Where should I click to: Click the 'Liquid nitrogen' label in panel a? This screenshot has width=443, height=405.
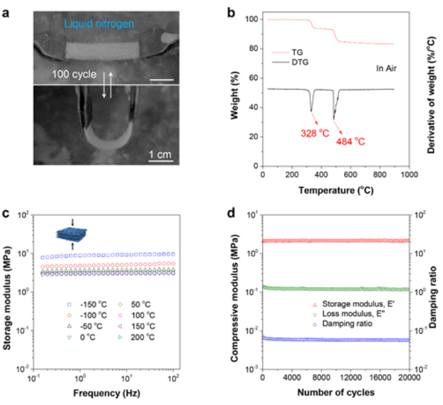coord(99,24)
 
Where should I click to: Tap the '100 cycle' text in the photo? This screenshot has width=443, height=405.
coord(75,74)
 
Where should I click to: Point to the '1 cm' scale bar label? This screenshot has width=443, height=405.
coord(160,154)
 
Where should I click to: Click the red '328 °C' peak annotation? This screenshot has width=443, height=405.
coord(315,133)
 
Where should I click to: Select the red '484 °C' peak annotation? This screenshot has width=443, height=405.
coord(350,142)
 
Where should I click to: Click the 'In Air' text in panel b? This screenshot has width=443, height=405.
coord(386,68)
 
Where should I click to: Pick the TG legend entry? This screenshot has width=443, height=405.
coord(287,52)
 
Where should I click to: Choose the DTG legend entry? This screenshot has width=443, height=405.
coord(290,62)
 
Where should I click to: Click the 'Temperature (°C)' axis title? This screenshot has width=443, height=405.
coord(336,190)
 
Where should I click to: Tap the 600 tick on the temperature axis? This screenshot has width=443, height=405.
coord(350,175)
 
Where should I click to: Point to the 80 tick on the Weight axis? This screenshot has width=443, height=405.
coord(253,49)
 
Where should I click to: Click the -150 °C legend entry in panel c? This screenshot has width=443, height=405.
coord(87,305)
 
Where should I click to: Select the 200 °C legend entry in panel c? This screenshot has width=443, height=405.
coord(137,337)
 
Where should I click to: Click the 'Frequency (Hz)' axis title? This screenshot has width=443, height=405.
coord(106,393)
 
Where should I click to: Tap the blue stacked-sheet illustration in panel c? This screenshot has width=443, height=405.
coord(72,234)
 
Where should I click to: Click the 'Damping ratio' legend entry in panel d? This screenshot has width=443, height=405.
coord(343,324)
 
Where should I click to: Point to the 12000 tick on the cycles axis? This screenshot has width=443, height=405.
coord(350,378)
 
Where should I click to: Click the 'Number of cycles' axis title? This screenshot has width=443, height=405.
coord(336,392)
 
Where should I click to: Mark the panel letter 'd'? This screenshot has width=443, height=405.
coord(231,213)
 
